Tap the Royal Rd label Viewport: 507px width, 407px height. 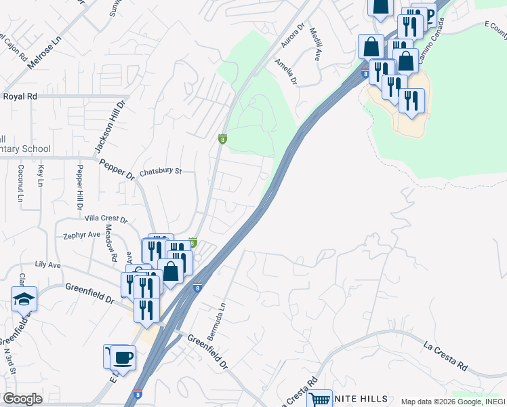click(x=20, y=96)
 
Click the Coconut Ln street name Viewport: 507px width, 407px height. click(x=21, y=183)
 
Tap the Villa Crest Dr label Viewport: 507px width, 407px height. click(x=105, y=219)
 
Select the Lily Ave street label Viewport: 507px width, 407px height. click(x=48, y=264)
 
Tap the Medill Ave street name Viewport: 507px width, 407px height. click(x=315, y=45)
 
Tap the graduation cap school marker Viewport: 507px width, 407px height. click(x=24, y=298)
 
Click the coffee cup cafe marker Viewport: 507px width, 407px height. click(x=123, y=357)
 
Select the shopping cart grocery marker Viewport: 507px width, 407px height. click(x=319, y=400)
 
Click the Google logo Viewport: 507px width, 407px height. click(x=22, y=399)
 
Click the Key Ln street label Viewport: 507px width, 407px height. click(x=41, y=176)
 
